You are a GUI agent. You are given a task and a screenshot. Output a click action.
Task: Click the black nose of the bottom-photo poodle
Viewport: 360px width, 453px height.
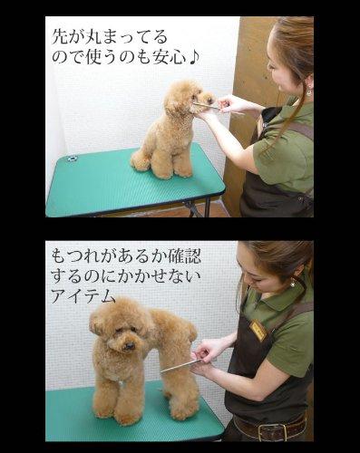click(130, 345)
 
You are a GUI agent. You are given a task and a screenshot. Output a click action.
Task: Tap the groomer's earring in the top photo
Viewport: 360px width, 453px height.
click(308, 91)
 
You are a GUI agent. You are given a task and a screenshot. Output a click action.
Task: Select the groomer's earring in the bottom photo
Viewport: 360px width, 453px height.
click(293, 283)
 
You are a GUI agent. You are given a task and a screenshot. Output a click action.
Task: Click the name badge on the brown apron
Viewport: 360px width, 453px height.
click(258, 331)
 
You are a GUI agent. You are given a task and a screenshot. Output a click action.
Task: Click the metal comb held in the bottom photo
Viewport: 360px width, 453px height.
click(180, 366)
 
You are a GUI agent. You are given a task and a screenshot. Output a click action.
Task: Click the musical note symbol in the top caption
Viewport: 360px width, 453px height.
click(193, 56)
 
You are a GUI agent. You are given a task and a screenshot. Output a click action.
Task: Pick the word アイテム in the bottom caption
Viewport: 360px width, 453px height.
click(83, 295)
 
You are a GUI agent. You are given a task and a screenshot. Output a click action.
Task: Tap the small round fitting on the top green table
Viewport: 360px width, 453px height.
click(73, 158)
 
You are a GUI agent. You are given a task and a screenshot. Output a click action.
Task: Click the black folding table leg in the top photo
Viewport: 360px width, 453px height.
click(208, 207)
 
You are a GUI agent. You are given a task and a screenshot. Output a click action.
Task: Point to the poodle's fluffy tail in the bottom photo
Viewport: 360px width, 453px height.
click(190, 331)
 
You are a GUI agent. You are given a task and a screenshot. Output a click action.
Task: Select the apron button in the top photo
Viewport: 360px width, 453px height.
click(300, 199)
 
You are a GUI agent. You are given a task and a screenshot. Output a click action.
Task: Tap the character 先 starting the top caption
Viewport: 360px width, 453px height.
click(60, 37)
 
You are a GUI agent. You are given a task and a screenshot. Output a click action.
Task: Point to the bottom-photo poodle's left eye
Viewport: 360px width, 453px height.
click(122, 330)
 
